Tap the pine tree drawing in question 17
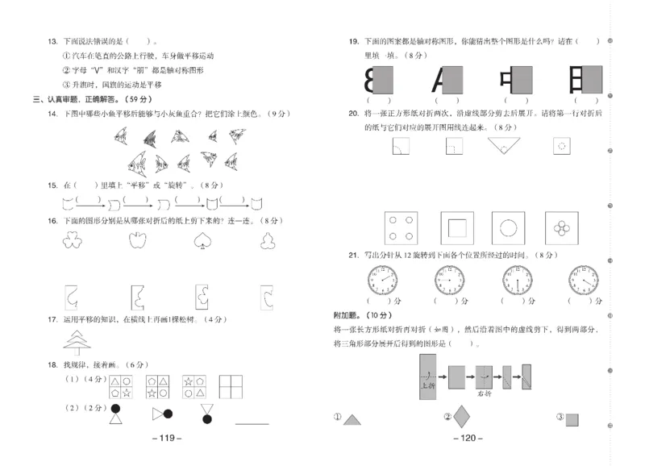pyautogui.click(x=78, y=343)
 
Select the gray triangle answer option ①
pyautogui.click(x=353, y=418)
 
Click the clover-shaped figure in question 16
pyautogui.click(x=73, y=240)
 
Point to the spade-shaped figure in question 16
pyautogui.click(x=202, y=240)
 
